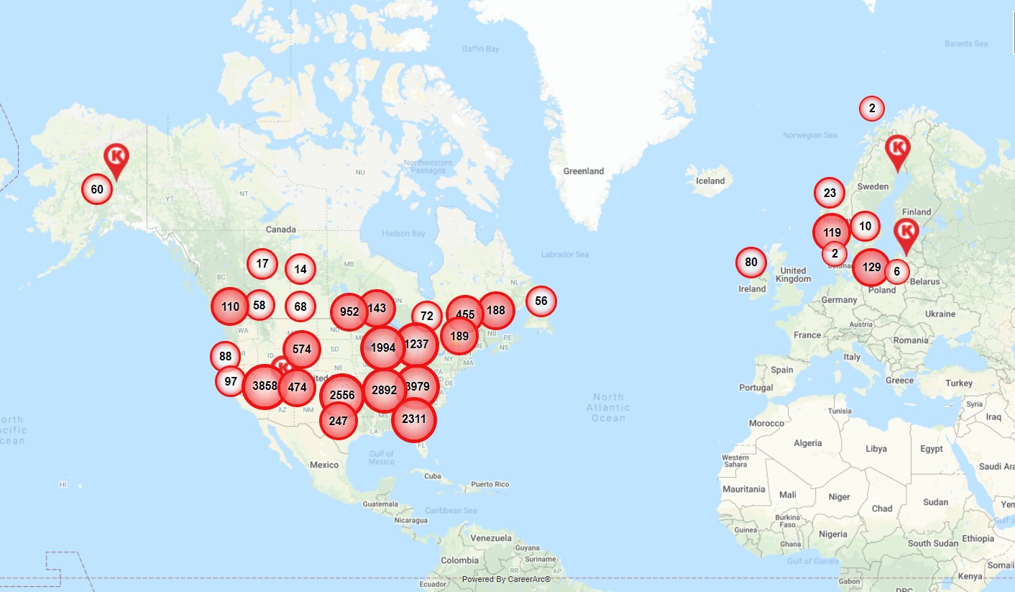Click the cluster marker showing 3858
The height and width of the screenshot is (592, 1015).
pyautogui.click(x=265, y=386)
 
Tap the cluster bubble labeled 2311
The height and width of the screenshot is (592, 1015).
pyautogui.click(x=414, y=419)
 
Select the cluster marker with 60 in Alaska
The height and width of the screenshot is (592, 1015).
pyautogui.click(x=97, y=190)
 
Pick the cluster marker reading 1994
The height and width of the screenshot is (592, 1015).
pyautogui.click(x=383, y=348)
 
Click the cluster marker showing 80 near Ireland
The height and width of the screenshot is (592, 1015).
pyautogui.click(x=751, y=263)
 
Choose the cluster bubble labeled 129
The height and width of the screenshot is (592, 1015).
pyautogui.click(x=871, y=268)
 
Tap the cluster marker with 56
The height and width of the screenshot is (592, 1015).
pyautogui.click(x=541, y=301)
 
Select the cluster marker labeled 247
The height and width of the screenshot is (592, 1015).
pyautogui.click(x=338, y=422)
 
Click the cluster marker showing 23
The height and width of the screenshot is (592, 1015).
pyautogui.click(x=830, y=193)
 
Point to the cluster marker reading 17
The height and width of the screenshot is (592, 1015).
pyautogui.click(x=262, y=264)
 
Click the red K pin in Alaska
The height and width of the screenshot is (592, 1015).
pyautogui.click(x=116, y=159)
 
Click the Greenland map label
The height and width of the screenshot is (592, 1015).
pyautogui.click(x=584, y=171)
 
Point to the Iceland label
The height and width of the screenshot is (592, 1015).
pyautogui.click(x=710, y=181)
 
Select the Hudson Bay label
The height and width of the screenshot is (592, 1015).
pyautogui.click(x=405, y=234)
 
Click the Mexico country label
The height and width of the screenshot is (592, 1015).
pyautogui.click(x=324, y=465)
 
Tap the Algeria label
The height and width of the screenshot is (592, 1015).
pyautogui.click(x=807, y=443)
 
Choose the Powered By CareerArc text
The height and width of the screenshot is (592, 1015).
pyautogui.click(x=506, y=579)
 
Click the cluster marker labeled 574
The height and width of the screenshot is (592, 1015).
pyautogui.click(x=302, y=350)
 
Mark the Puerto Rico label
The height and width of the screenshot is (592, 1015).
pyautogui.click(x=490, y=485)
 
